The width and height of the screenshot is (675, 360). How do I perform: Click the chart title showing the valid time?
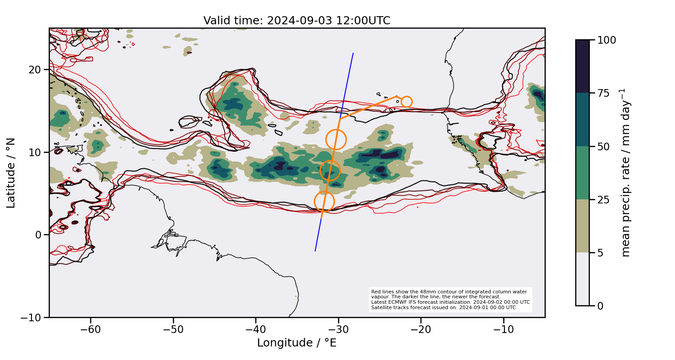297,21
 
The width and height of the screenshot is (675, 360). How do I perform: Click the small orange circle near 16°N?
406,102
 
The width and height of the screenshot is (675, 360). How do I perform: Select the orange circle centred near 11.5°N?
336,139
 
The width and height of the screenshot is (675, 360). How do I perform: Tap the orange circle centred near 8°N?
330,171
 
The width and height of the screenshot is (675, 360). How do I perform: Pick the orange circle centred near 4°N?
324,201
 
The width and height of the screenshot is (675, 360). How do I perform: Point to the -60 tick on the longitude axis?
90,328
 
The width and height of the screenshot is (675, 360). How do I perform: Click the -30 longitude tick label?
338,328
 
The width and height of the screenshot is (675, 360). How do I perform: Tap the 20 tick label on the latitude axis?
36,70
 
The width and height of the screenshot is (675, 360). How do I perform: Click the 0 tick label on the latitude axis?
38,235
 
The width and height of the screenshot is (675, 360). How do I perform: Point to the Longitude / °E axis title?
297,343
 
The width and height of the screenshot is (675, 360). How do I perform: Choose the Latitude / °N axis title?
11,173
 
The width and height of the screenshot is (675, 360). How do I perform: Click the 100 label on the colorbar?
606,40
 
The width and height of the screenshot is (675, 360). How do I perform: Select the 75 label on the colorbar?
603,93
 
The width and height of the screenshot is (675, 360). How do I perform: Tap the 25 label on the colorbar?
603,199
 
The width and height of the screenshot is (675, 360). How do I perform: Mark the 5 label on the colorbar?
600,252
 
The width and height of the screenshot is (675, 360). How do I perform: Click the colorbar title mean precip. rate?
625,173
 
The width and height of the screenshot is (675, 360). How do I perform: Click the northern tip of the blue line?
353,54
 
